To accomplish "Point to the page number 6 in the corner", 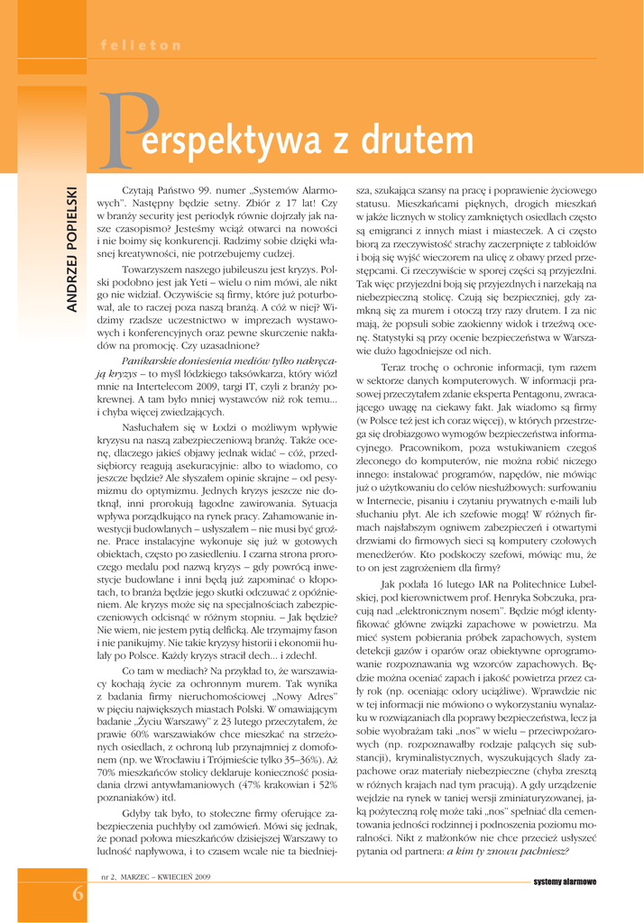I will [x=78, y=893].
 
